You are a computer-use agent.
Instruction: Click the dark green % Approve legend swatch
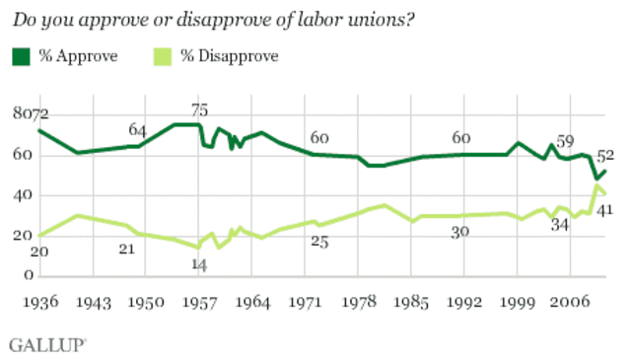20,56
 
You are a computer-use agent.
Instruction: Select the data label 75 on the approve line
199,111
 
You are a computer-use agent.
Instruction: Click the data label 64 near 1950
137,131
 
